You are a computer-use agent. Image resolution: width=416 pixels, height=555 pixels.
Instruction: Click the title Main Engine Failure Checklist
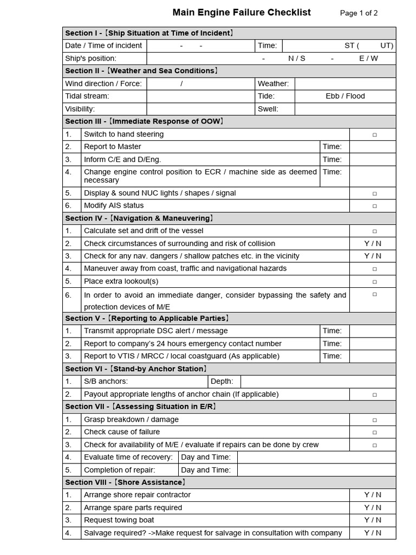[242, 12]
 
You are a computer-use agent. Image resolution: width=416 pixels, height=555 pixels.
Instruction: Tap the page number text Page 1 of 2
[359, 13]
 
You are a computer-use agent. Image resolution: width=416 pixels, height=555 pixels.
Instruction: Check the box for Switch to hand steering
[374, 134]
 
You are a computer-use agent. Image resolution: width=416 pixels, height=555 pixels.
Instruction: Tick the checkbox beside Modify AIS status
[374, 206]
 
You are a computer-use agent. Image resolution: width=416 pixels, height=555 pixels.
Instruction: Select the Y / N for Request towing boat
[373, 520]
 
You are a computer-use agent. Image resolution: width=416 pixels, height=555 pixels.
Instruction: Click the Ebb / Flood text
[345, 96]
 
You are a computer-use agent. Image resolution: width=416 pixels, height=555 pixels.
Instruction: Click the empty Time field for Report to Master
[372, 147]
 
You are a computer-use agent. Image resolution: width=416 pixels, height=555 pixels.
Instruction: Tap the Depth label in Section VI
[221, 382]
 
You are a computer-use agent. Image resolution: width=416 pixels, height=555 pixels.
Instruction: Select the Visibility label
[80, 109]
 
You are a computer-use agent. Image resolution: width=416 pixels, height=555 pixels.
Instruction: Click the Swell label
[268, 109]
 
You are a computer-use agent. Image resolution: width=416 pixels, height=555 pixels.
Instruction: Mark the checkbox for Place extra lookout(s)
[374, 281]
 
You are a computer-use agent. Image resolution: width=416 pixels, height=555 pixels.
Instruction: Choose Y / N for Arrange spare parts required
[373, 507]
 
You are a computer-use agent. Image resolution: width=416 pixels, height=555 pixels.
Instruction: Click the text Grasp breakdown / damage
[131, 420]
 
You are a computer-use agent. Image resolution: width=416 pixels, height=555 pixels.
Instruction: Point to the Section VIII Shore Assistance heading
[126, 482]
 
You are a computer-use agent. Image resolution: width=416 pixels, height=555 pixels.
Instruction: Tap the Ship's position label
[90, 58]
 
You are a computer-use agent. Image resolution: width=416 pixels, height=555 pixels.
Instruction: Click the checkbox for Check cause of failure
[374, 433]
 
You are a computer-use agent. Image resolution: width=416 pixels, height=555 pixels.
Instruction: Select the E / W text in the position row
[368, 58]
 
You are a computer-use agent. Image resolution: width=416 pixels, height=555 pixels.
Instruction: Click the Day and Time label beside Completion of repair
[206, 470]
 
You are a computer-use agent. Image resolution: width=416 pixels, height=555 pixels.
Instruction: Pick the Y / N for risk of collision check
[373, 243]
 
